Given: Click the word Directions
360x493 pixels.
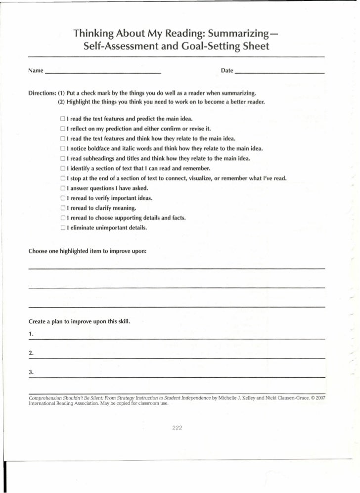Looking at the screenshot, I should (42, 93).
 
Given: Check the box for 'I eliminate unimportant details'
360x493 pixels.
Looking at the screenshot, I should (63, 228).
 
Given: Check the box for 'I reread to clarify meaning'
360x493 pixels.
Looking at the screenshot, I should (63, 208).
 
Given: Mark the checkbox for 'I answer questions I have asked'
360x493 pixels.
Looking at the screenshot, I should (63, 188).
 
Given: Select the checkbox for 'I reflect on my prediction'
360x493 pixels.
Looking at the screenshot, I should (63, 129).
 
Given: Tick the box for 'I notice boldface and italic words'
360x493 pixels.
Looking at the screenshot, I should (63, 149).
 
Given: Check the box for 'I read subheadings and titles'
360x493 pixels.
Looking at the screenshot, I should (63, 159).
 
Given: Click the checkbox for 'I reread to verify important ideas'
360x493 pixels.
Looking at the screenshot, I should (63, 198).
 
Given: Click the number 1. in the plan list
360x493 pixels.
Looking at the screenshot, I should (31, 335).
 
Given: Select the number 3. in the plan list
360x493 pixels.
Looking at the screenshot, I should (31, 372).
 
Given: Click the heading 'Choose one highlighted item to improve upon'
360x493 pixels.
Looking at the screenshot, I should (88, 251).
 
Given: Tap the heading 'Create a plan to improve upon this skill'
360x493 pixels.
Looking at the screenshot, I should (79, 322).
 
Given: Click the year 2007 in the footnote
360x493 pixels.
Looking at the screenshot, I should (319, 398).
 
